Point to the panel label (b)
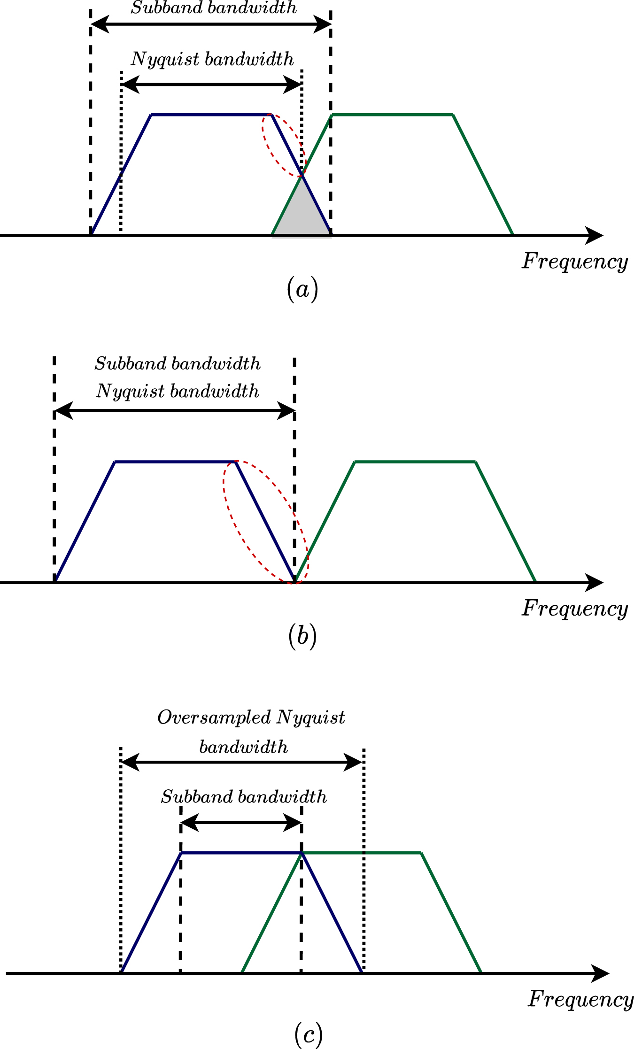tap(302, 636)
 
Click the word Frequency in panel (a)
tap(574, 262)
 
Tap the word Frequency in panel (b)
tap(574, 609)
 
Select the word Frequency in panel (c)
tap(580, 999)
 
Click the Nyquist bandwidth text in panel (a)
tap(212, 60)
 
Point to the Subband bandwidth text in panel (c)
tap(244, 797)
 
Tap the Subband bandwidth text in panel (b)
tap(178, 364)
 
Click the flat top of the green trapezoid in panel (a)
tap(392, 114)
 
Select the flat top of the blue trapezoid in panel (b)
tap(175, 462)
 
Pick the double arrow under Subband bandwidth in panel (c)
tap(240, 823)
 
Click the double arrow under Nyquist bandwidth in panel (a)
tap(211, 85)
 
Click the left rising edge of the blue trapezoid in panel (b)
tap(85, 522)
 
